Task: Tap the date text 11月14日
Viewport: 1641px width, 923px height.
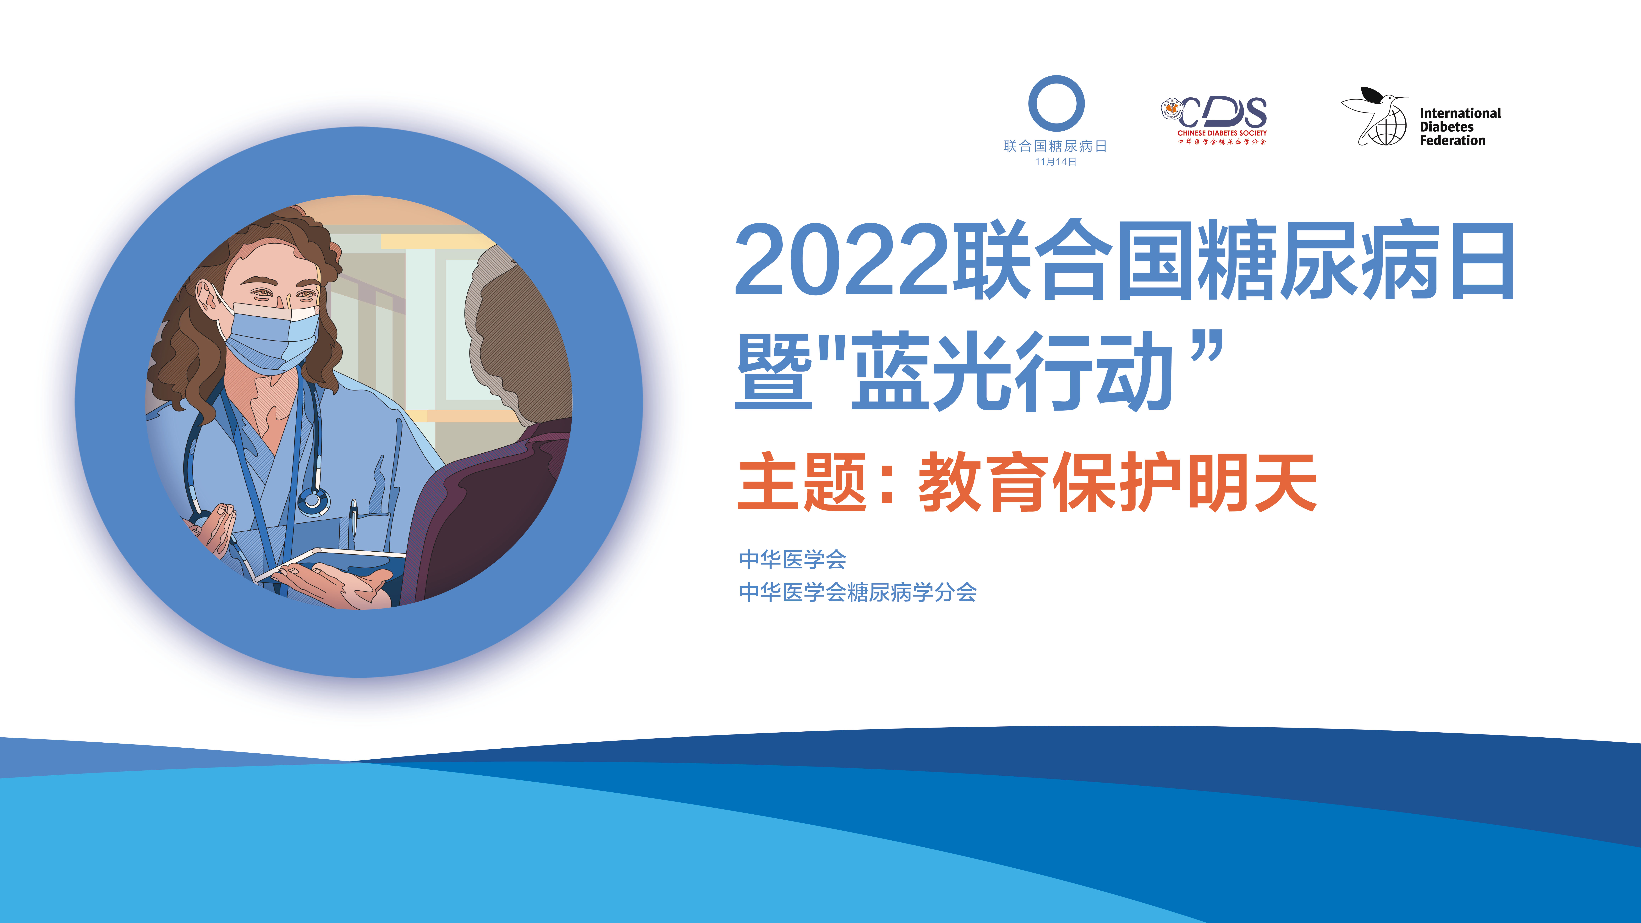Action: [1056, 162]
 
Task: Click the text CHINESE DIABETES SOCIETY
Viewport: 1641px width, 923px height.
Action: [1222, 133]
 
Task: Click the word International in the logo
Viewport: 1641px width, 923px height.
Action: [1460, 113]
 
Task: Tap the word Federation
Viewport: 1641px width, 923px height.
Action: [1452, 141]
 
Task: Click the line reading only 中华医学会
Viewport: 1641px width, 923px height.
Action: [793, 559]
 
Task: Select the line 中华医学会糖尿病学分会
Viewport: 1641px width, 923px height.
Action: [857, 592]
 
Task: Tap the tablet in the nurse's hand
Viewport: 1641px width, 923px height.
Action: [331, 564]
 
